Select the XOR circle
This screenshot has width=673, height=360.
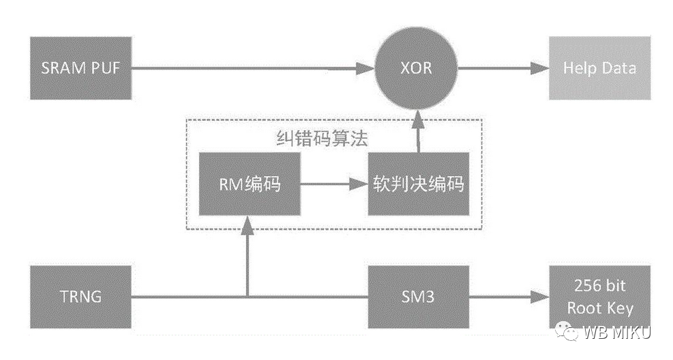417,67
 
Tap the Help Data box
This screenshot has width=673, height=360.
599,67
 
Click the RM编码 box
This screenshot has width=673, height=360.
249,184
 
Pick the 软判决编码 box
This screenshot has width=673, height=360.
419,184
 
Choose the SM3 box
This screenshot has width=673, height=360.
419,297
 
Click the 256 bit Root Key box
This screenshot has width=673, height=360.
599,298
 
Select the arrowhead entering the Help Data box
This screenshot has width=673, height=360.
542,67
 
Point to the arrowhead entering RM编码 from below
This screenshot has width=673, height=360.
248,225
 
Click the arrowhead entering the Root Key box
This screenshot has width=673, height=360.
542,297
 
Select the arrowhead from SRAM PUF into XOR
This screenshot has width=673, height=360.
368,67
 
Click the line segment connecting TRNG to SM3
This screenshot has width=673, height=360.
307,297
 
